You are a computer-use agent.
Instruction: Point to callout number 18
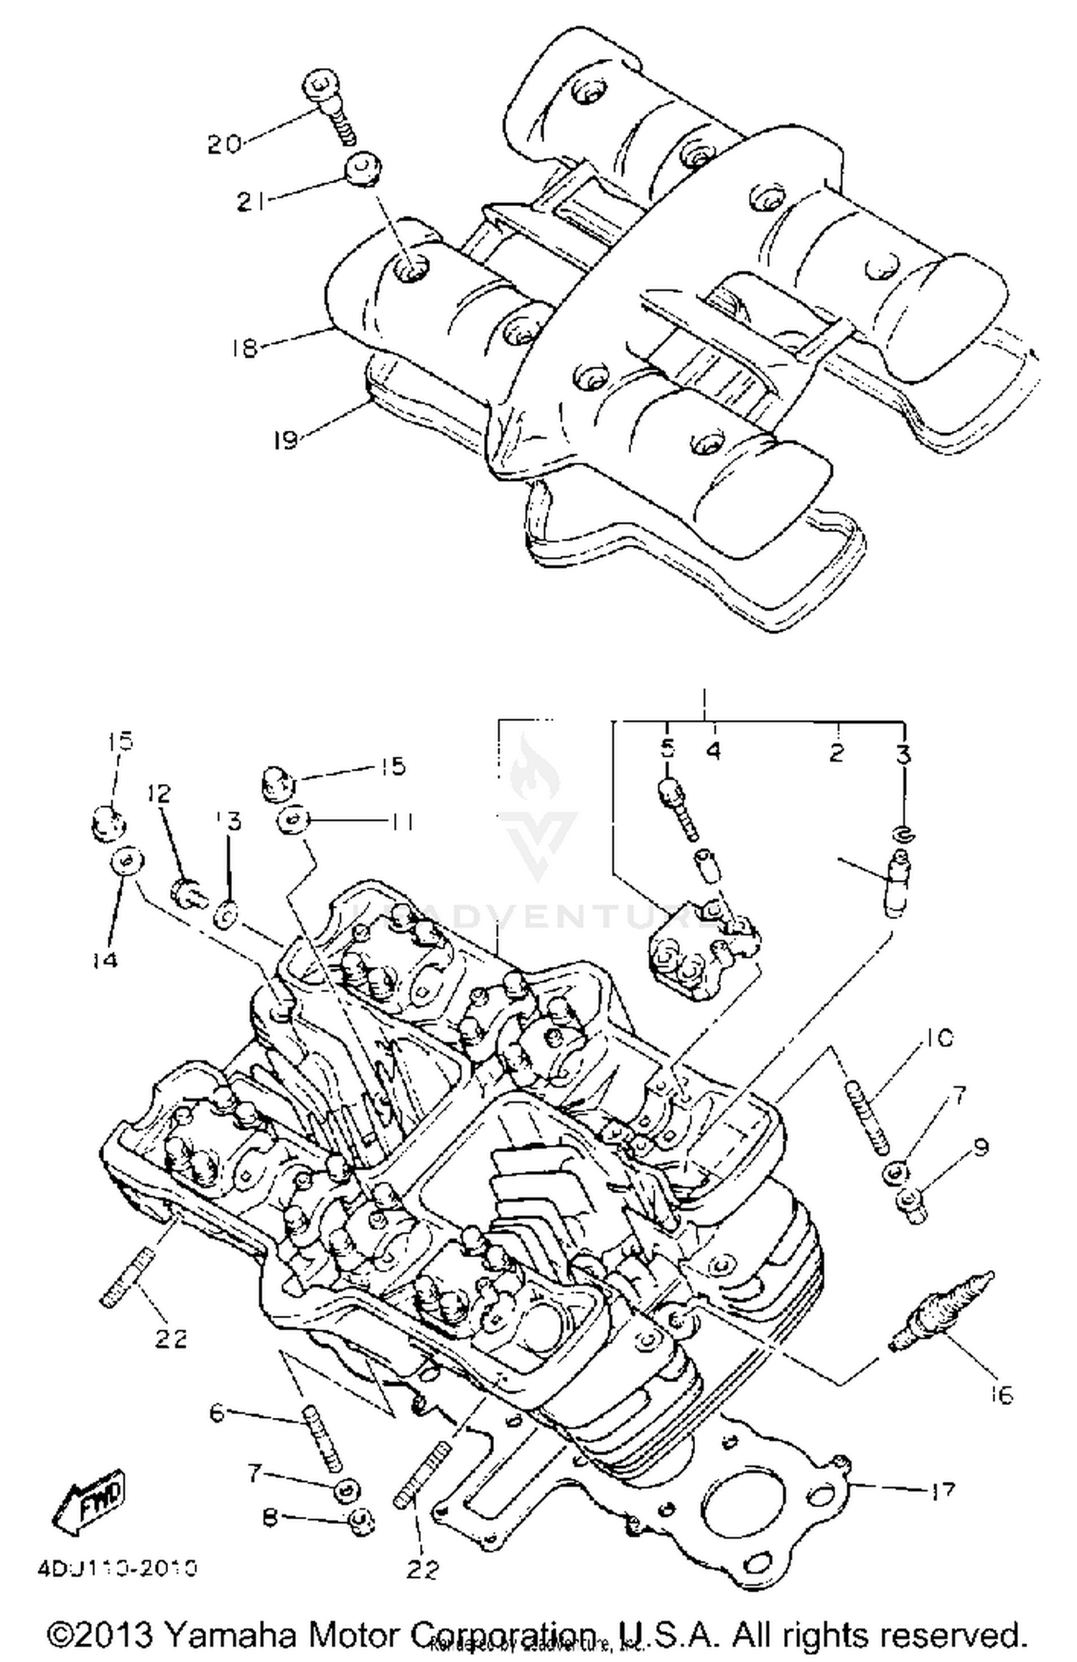pyautogui.click(x=244, y=348)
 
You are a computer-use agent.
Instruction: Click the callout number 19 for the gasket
pyautogui.click(x=286, y=439)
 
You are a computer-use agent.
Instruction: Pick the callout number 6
pyautogui.click(x=217, y=1413)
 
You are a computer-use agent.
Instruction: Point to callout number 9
pyautogui.click(x=981, y=1147)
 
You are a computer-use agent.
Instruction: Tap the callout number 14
pyautogui.click(x=106, y=959)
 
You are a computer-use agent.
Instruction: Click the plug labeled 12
pyautogui.click(x=189, y=893)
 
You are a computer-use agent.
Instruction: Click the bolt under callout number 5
pyautogui.click(x=677, y=808)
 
